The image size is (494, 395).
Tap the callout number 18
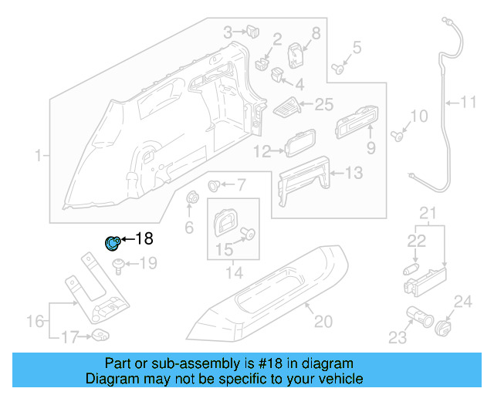(145, 239)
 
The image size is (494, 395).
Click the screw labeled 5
(338, 68)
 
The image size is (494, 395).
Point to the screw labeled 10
(398, 137)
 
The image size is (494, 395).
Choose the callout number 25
(324, 105)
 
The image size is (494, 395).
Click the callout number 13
(352, 174)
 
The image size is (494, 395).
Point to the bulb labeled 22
(411, 269)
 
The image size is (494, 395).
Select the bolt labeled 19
(120, 266)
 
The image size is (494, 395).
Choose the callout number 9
(370, 147)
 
